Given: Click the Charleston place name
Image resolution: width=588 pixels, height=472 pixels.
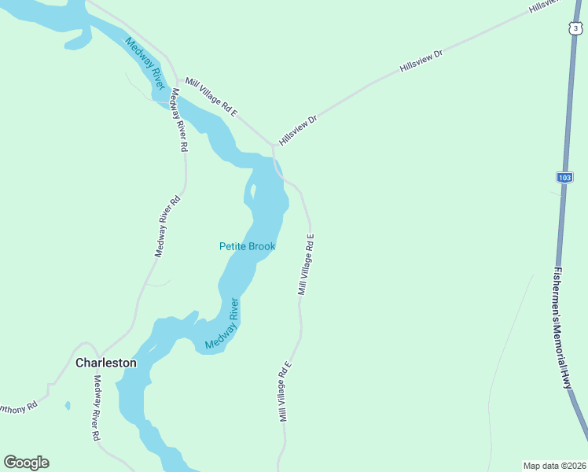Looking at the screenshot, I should (105, 363).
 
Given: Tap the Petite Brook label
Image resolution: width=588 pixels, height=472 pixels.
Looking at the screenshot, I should (247, 246).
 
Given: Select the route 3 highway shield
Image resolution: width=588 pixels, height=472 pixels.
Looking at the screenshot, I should (576, 29).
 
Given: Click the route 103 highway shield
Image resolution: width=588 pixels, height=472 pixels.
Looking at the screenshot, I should (564, 178).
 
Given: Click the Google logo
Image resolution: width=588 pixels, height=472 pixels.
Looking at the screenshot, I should (26, 463).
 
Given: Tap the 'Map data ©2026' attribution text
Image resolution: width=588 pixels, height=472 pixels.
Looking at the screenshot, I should (554, 465).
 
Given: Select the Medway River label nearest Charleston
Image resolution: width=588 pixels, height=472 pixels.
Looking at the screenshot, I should (222, 325).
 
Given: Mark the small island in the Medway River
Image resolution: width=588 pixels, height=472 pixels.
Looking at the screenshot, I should (252, 191).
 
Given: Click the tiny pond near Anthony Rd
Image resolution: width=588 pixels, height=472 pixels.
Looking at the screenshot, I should (68, 406).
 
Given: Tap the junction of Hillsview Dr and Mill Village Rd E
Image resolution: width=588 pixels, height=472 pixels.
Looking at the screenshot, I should (273, 146).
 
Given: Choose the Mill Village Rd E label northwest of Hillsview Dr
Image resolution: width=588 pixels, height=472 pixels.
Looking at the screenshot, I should (211, 98).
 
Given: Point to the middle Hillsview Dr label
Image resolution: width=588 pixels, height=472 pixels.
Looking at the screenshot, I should (421, 61).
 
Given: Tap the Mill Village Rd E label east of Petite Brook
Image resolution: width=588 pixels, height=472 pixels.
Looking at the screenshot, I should (306, 264).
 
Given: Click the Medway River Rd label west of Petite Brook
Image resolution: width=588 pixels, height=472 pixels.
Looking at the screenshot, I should (167, 227).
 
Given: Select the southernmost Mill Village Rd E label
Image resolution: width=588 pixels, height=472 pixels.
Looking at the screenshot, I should (285, 392).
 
